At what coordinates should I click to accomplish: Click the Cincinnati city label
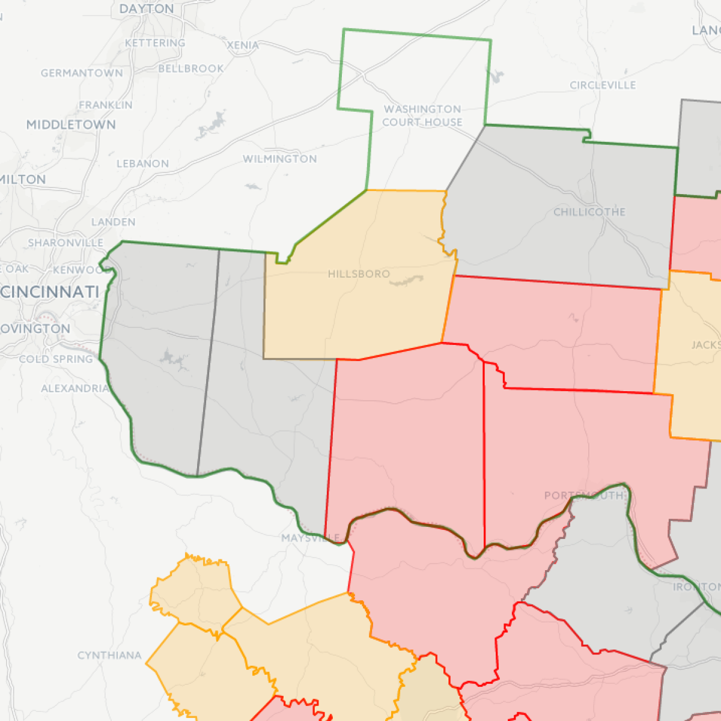(x=50, y=293)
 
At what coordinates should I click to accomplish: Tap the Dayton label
(x=147, y=9)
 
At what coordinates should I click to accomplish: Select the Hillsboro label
(x=359, y=274)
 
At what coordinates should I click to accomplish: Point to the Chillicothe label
(x=589, y=212)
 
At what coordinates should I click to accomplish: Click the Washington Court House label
(x=422, y=115)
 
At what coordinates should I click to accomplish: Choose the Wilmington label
(x=280, y=159)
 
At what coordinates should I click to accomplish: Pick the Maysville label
(x=311, y=538)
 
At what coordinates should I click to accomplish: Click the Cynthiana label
(x=109, y=656)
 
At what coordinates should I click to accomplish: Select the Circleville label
(x=603, y=85)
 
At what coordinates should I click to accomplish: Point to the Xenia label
(x=243, y=45)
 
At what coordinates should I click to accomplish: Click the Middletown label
(x=71, y=125)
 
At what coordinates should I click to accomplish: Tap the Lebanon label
(x=143, y=163)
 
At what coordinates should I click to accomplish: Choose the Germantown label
(x=82, y=73)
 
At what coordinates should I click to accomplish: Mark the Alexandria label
(x=75, y=389)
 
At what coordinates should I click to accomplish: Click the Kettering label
(x=155, y=43)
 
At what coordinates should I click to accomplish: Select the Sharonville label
(x=65, y=243)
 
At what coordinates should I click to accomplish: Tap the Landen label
(x=114, y=222)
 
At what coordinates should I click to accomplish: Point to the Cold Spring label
(x=56, y=359)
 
